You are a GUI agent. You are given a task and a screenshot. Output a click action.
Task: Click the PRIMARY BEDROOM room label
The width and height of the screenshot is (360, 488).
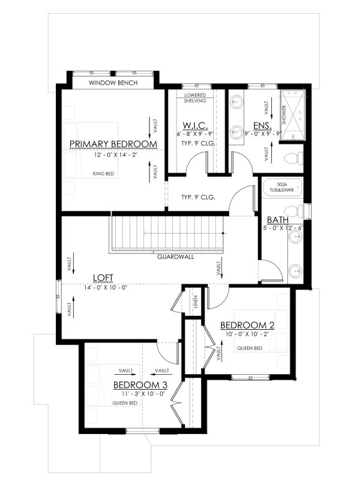tap(113, 144)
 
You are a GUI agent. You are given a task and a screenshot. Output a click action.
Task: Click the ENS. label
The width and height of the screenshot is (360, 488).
tap(262, 126)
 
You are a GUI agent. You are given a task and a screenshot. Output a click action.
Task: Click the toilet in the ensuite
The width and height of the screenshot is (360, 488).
tap(291, 158)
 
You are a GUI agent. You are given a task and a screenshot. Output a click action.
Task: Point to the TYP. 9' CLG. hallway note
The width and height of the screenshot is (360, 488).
tap(197, 197)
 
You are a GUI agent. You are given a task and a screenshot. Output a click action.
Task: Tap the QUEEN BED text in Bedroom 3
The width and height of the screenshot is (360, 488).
tap(125, 403)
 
